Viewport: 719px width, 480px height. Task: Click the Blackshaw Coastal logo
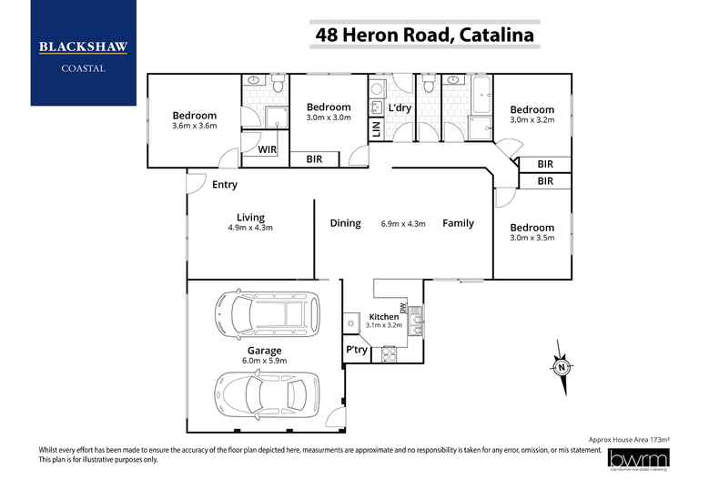[x=83, y=52]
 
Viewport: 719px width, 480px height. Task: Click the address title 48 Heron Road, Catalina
[x=424, y=36]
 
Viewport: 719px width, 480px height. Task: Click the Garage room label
[x=265, y=350]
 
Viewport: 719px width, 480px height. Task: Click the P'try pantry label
[x=355, y=350]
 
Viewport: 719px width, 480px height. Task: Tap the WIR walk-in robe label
[x=268, y=148]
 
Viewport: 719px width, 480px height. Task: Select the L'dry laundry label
[x=400, y=108]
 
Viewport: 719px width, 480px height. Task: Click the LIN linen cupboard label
[x=376, y=129]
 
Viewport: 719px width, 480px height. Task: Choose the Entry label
[x=225, y=185]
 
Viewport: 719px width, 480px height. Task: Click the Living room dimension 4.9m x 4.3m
[x=250, y=228]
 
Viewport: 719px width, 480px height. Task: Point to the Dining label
[x=345, y=223]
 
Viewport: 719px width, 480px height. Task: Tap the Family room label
[x=458, y=223]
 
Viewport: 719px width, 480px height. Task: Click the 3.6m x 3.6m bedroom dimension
[x=195, y=128]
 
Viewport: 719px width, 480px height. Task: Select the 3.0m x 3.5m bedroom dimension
[x=532, y=239]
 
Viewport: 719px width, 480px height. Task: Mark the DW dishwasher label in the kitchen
[x=401, y=310]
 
